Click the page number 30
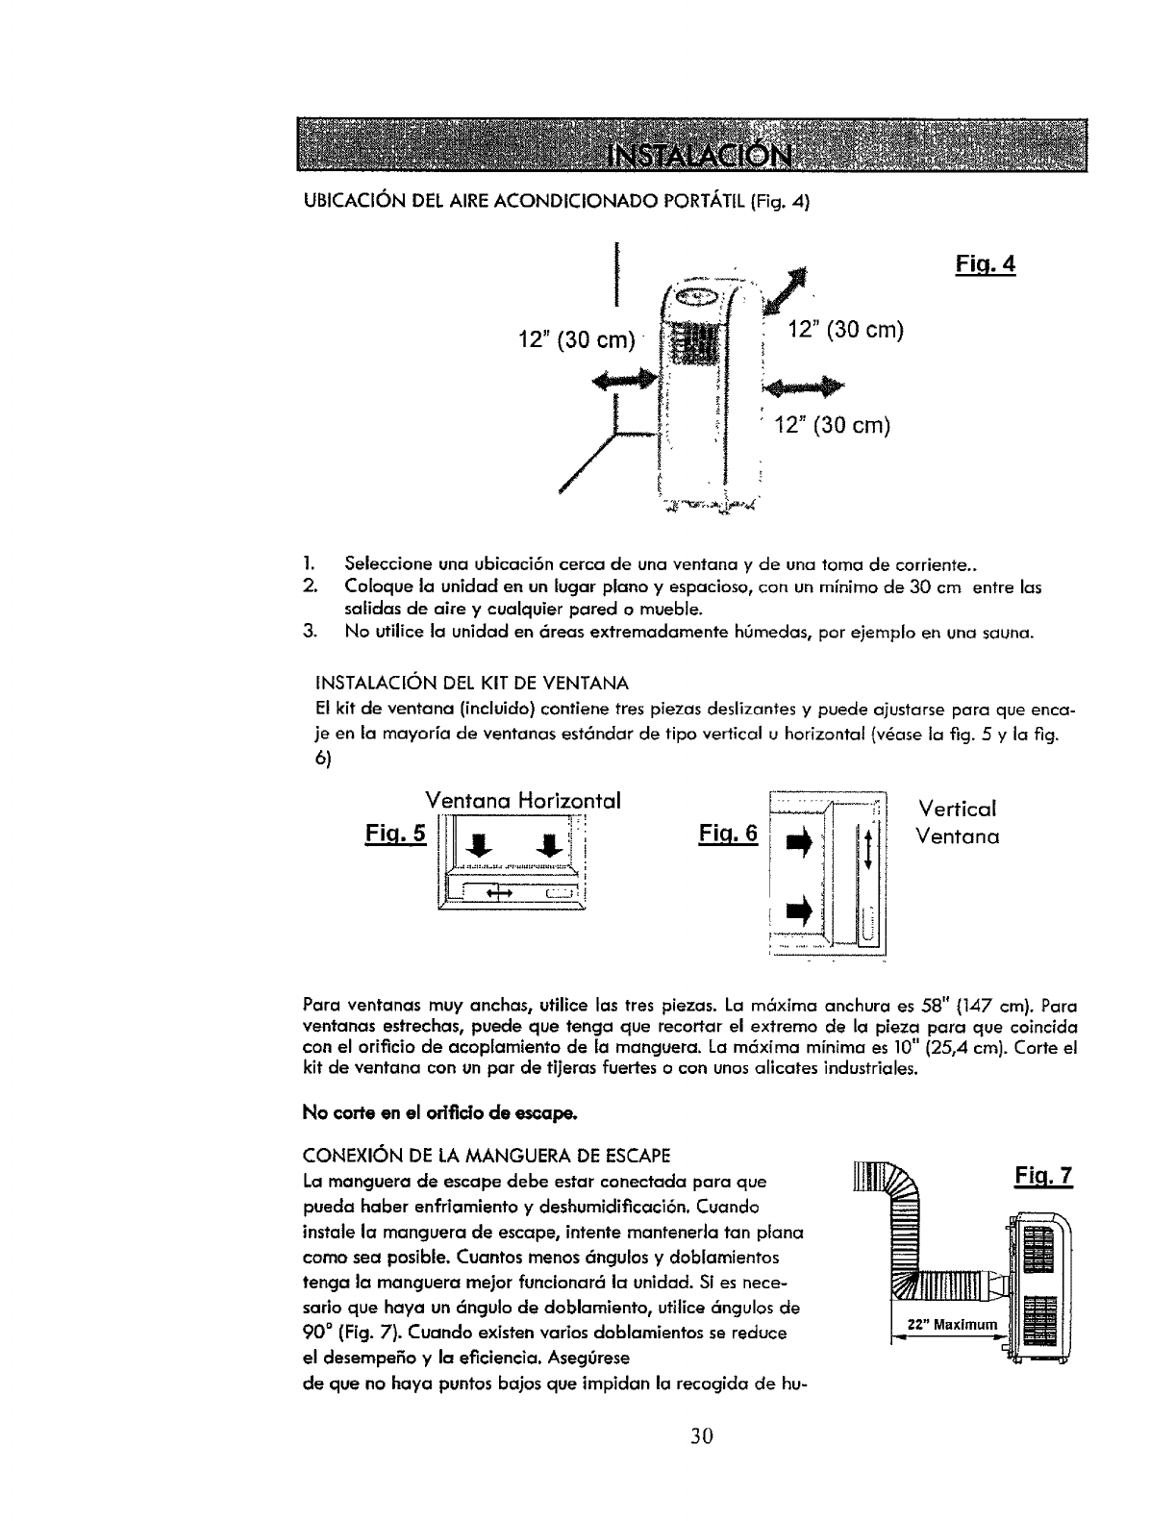tap(701, 1463)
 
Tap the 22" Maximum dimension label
tap(948, 1327)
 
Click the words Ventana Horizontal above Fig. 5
tap(523, 800)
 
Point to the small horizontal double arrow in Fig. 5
tap(498, 894)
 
